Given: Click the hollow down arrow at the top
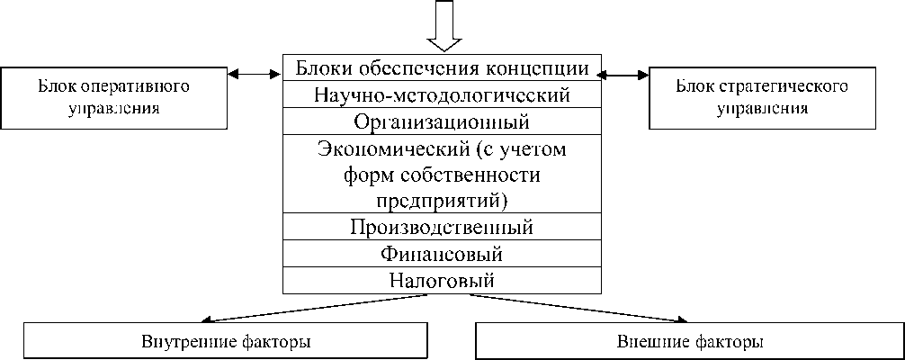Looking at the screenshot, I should point(443,24).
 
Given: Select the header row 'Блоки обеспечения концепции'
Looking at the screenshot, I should point(442,67).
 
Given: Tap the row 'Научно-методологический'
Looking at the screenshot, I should point(442,94).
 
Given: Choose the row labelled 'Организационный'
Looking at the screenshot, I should point(442,121).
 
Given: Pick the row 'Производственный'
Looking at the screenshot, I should point(442,226).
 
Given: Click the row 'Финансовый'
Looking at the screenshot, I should point(442,253).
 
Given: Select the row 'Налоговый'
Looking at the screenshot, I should point(442,279).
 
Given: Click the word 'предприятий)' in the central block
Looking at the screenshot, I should point(442,198).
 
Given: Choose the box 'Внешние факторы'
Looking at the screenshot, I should point(690,342).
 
